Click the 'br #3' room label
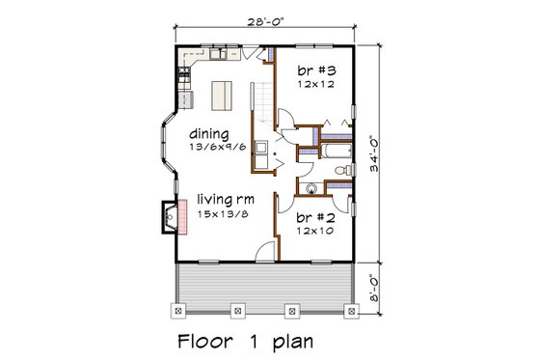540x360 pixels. pyautogui.click(x=314, y=70)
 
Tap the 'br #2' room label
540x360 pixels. pyautogui.click(x=314, y=216)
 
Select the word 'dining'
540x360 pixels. pyautogui.click(x=209, y=133)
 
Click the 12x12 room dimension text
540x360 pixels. pyautogui.click(x=314, y=85)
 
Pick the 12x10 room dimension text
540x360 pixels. pyautogui.click(x=314, y=231)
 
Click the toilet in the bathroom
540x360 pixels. pyautogui.click(x=341, y=171)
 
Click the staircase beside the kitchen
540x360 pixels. pyautogui.click(x=261, y=106)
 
